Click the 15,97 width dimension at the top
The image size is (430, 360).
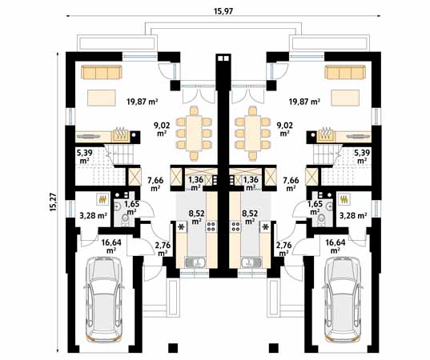pos(223,11)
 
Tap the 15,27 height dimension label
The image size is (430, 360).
pos(53,202)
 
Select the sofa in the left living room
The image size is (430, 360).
pos(101,72)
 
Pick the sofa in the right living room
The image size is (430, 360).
pos(345,72)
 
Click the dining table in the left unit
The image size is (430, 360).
pos(194,133)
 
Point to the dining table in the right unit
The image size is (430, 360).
pos(252,133)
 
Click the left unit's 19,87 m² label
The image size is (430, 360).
pos(142,102)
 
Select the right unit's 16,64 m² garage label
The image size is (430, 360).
pos(336,246)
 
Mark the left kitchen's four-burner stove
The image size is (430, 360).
pos(211,226)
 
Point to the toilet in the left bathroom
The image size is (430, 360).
pos(126,219)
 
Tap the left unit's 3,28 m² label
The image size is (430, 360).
pos(93,216)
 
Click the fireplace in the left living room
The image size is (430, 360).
pos(120,134)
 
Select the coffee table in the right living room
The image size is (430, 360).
pos(345,98)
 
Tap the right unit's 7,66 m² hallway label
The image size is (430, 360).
pos(291,184)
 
